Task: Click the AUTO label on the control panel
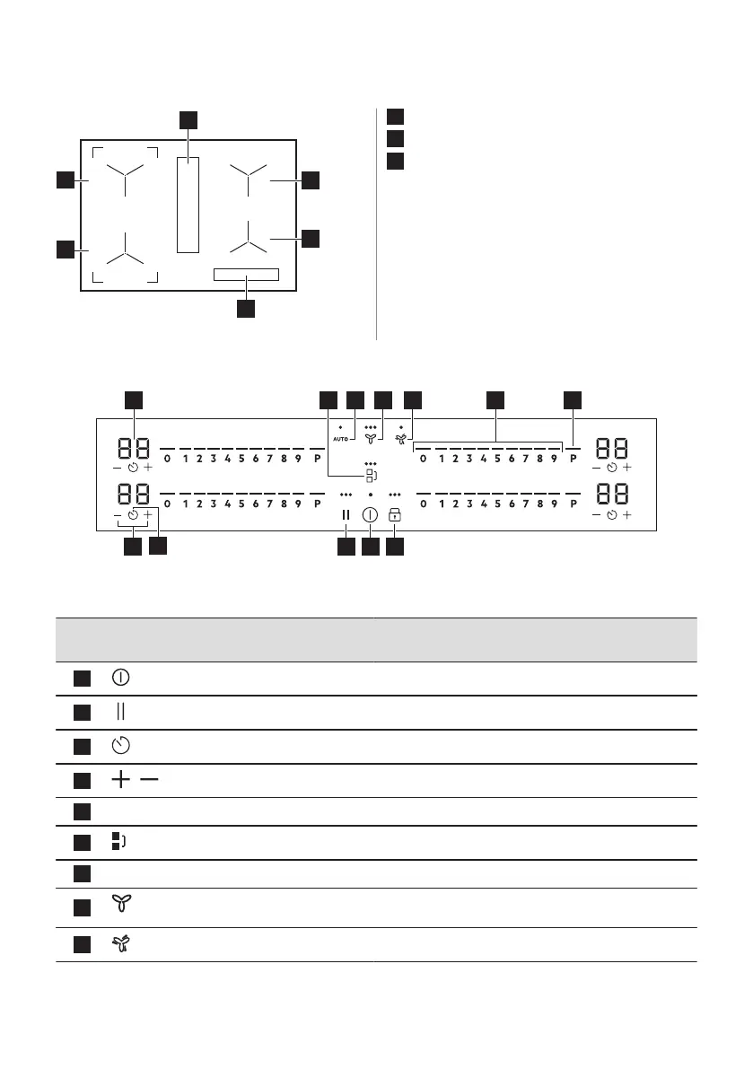click(341, 438)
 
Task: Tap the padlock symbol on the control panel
click(394, 515)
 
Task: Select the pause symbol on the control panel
click(346, 515)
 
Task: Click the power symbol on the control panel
click(370, 515)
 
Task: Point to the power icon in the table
click(119, 677)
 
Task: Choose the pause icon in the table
click(119, 712)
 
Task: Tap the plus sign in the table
click(119, 781)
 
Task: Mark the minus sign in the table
click(149, 781)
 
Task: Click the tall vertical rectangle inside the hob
click(187, 205)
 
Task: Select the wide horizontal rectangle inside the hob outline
click(246, 274)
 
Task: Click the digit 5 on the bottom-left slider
click(241, 504)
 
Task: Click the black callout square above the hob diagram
click(187, 120)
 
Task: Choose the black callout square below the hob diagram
click(246, 309)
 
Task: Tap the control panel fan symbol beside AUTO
click(370, 438)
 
